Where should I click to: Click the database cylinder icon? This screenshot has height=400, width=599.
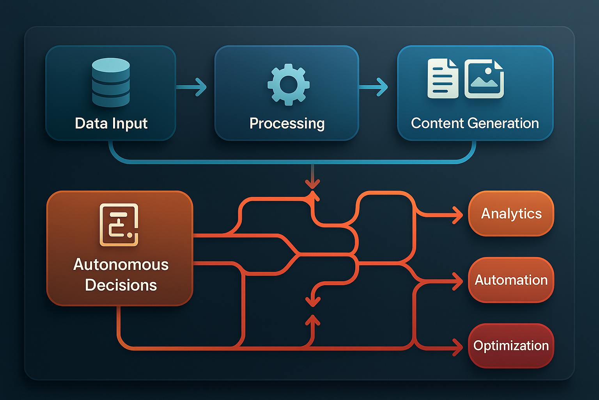click(111, 82)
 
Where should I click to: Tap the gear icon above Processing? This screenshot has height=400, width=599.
click(288, 84)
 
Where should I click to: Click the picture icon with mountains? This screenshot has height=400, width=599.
click(484, 79)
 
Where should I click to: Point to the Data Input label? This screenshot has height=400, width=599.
click(111, 123)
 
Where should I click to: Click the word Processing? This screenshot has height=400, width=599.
click(287, 123)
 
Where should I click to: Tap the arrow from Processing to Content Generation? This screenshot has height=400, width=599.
click(373, 87)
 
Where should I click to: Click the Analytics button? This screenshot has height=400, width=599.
click(511, 214)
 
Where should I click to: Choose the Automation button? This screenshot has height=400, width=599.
click(511, 280)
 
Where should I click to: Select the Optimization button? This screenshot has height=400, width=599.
click(511, 346)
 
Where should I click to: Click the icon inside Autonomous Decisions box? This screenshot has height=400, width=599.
click(119, 225)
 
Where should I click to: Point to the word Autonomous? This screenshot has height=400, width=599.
click(121, 265)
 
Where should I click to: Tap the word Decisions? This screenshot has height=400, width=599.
click(121, 285)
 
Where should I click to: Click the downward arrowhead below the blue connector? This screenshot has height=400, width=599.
click(312, 184)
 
